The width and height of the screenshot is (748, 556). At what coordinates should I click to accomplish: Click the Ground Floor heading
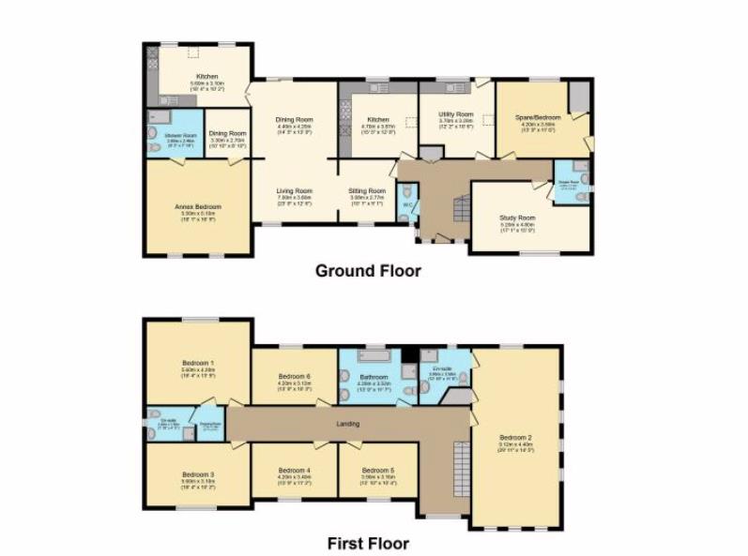367,271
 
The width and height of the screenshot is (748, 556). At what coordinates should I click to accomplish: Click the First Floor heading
367,543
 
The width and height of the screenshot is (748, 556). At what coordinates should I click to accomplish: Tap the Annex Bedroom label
198,206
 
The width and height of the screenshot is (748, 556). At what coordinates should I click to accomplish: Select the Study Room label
517,218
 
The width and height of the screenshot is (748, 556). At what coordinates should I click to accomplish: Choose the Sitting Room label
368,190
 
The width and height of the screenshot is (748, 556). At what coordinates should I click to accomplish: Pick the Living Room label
294,190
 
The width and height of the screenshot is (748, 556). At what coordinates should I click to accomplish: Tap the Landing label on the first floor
348,424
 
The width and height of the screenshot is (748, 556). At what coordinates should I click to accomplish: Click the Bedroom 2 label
516,437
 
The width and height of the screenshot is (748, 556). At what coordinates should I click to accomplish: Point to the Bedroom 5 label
377,470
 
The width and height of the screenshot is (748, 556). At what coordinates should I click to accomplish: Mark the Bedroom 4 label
294,470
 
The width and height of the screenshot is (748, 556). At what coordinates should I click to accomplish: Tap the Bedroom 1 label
198,362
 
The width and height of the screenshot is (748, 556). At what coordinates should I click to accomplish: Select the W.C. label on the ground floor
406,203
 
